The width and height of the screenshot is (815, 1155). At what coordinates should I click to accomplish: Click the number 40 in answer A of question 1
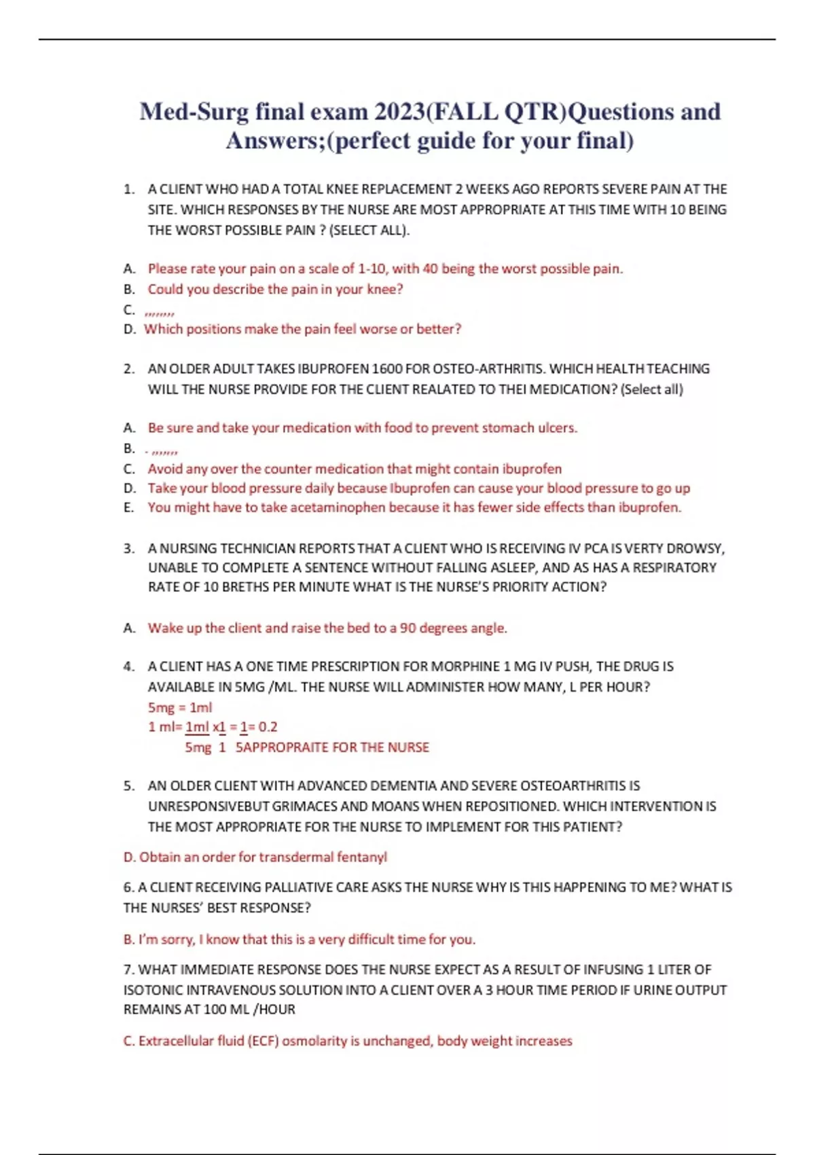430,268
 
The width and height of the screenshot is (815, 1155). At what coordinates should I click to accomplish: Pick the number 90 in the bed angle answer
407,628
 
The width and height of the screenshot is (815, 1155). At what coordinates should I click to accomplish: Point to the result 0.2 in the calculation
268,727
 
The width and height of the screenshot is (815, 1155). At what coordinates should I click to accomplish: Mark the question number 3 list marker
128,548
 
